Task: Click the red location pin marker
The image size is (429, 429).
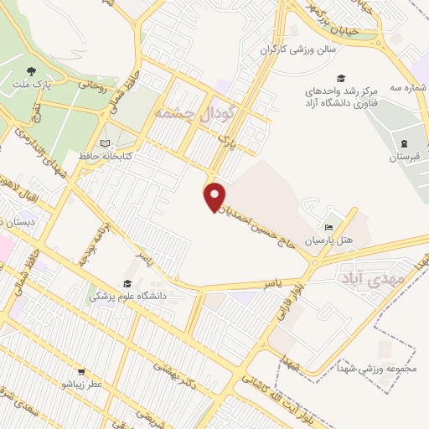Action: [215, 196]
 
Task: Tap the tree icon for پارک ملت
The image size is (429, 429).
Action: [31, 71]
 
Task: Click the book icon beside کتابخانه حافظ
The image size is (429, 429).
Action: [105, 143]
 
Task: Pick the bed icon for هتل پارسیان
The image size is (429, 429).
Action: [328, 227]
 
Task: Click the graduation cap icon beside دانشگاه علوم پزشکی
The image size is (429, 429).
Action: [128, 283]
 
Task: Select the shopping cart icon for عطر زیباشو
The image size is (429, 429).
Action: [81, 370]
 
